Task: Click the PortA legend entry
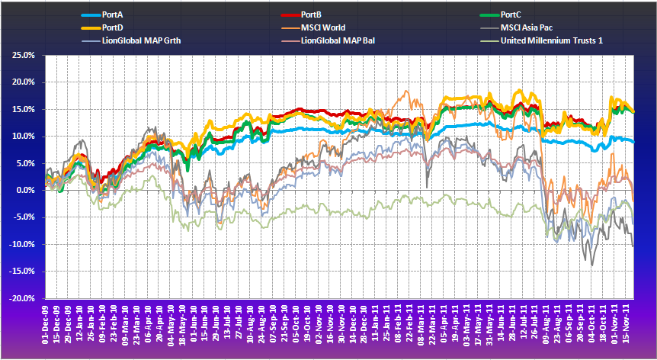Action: coord(113,14)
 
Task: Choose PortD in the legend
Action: coord(113,27)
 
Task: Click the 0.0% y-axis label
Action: coord(26,190)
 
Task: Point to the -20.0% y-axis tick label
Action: coord(23,298)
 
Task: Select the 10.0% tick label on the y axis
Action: coord(24,137)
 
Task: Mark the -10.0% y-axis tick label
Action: coord(23,244)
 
